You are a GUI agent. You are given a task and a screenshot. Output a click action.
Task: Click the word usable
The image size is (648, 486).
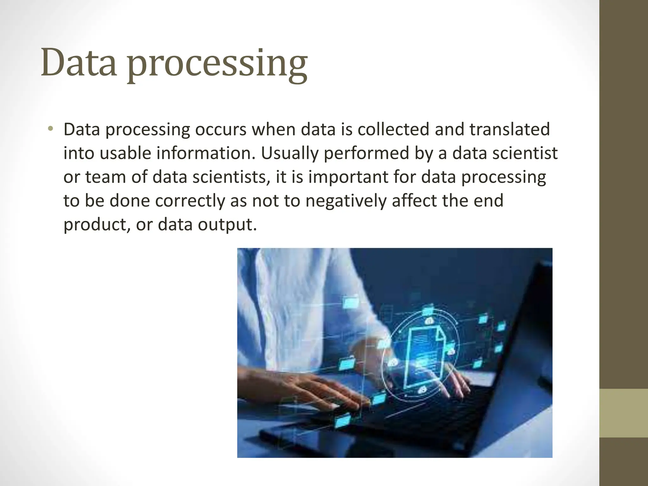[x=125, y=153]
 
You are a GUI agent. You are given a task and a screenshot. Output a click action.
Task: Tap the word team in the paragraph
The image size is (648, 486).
[x=106, y=177]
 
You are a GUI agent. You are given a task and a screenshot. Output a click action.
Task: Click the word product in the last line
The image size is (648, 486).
[x=97, y=225]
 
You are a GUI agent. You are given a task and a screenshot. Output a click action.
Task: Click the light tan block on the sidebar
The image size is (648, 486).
[x=624, y=413]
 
